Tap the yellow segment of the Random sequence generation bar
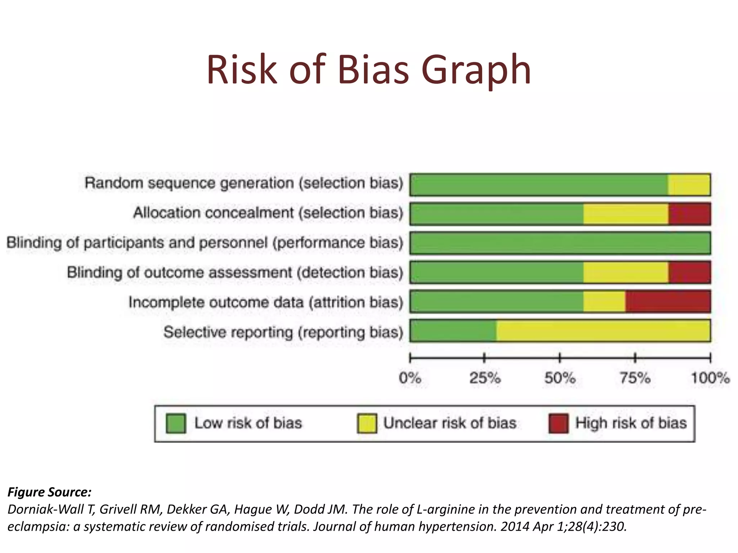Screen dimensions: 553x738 (689, 185)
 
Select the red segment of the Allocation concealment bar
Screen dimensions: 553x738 (689, 214)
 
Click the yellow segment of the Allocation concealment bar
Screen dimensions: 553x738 (626, 214)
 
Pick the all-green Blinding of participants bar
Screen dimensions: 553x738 (560, 243)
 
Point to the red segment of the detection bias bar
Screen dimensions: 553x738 (689, 273)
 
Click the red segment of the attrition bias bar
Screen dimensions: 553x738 (668, 302)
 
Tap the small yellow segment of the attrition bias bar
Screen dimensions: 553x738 (604, 302)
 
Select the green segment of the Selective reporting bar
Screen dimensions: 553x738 (453, 331)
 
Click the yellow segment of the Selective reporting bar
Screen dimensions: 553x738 (603, 331)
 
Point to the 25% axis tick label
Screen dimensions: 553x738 (485, 378)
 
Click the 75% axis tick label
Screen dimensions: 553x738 (635, 378)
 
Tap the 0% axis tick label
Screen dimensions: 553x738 (410, 378)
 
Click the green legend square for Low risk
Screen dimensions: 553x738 (176, 423)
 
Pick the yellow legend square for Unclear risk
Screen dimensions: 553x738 (367, 423)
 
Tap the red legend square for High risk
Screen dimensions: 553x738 (558, 423)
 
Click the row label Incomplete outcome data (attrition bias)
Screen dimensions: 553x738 (266, 302)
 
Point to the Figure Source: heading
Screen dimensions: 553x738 (49, 492)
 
